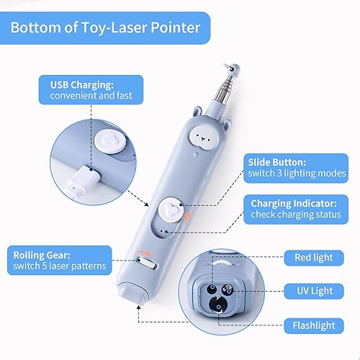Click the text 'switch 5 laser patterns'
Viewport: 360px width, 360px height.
(60, 267)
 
